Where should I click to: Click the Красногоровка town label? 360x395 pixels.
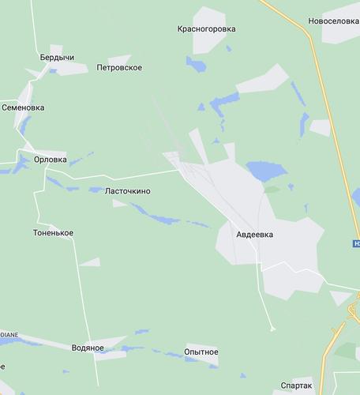pyautogui.click(x=206, y=29)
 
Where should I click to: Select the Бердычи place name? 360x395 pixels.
pyautogui.click(x=57, y=58)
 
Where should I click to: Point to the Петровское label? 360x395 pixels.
pyautogui.click(x=118, y=68)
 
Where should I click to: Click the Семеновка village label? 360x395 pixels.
pyautogui.click(x=24, y=107)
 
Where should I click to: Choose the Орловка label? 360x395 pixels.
pyautogui.click(x=50, y=159)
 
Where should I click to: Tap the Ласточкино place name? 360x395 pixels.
pyautogui.click(x=127, y=191)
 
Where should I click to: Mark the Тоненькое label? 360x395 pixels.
pyautogui.click(x=53, y=232)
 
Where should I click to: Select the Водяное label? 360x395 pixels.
pyautogui.click(x=88, y=348)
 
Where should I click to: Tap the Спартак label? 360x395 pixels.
pyautogui.click(x=296, y=387)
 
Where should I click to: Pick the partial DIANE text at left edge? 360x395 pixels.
pyautogui.click(x=9, y=334)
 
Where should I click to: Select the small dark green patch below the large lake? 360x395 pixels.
pyautogui.click(x=271, y=190)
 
